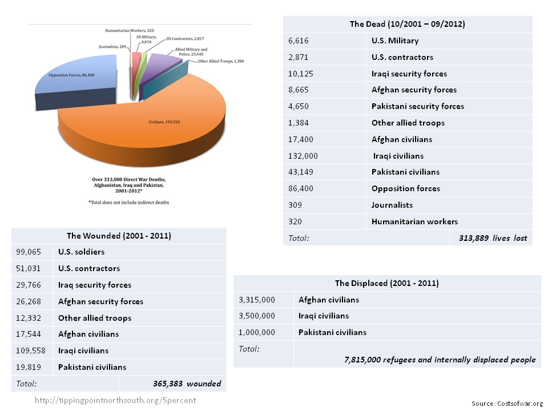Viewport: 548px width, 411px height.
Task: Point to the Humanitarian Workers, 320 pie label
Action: pos(128,29)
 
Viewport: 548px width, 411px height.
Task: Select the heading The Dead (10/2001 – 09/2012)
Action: pos(408,25)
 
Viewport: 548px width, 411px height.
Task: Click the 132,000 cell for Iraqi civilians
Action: pos(304,156)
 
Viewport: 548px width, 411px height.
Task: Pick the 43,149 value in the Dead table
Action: pos(303,172)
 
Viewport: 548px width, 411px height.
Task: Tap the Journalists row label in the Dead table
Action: pos(392,205)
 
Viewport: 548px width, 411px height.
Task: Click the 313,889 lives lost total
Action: pos(493,238)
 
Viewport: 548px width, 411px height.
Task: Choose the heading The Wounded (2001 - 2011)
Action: pos(119,235)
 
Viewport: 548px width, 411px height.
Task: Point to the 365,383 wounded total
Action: pos(187,384)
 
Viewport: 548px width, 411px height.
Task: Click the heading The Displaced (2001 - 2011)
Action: pos(386,283)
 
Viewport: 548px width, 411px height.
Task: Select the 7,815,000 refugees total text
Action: pos(440,360)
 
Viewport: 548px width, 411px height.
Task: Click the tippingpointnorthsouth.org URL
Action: pos(115,400)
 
